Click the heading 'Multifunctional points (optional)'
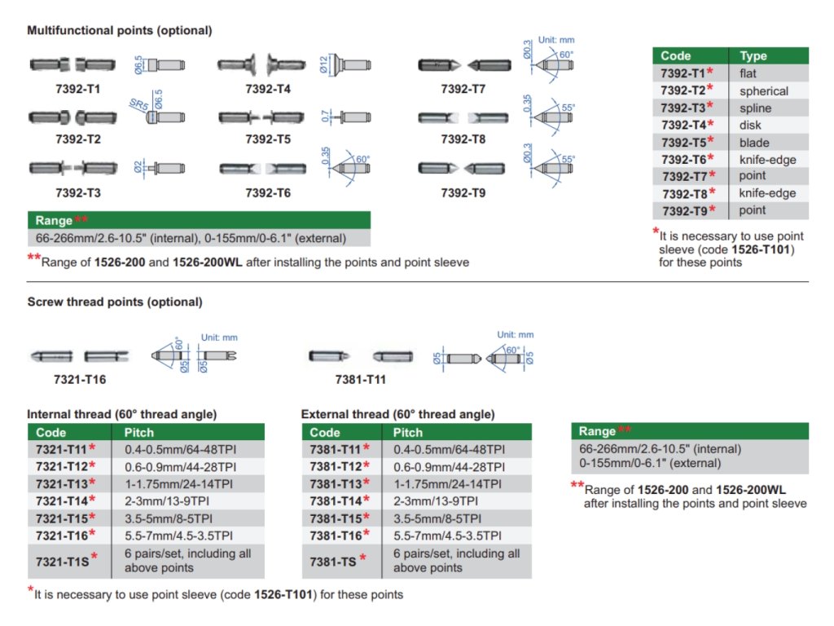tap(120, 30)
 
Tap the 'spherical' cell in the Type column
tap(764, 90)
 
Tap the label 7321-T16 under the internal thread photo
tap(80, 380)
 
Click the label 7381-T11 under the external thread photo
tap(361, 380)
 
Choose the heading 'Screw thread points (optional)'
tap(115, 302)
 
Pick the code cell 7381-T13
tap(336, 483)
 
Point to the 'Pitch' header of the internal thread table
tap(139, 432)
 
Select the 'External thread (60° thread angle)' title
tap(397, 414)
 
